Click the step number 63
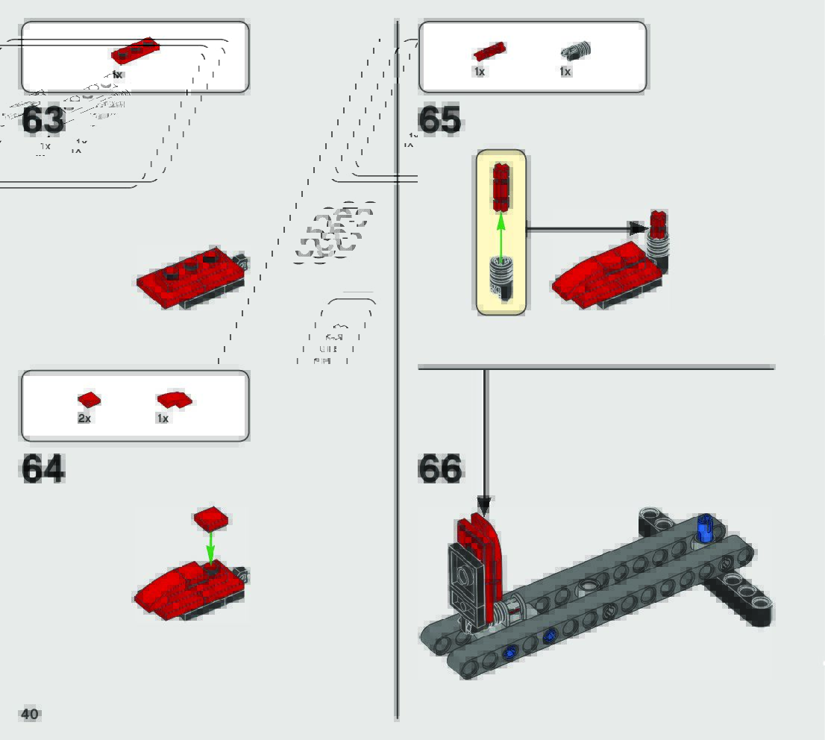coord(43,121)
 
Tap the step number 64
coord(43,468)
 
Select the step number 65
coord(439,121)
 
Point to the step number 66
coord(440,468)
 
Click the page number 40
coord(30,714)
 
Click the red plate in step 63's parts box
coord(135,50)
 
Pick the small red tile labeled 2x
coord(88,401)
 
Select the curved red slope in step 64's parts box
coord(174,400)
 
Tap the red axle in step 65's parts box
coord(489,51)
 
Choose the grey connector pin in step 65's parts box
coord(575,51)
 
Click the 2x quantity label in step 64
coord(84,418)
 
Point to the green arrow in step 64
coord(210,547)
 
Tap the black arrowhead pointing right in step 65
coord(637,228)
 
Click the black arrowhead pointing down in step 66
coord(485,507)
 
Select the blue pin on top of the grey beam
coord(705,528)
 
